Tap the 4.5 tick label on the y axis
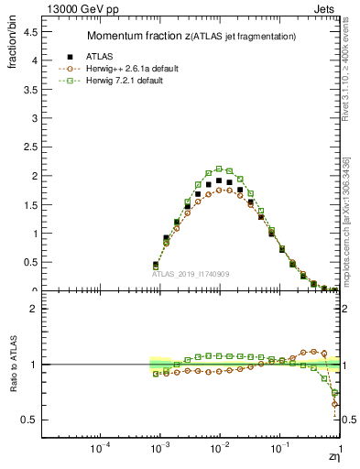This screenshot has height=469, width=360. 29,32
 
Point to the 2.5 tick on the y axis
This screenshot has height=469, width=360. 29,147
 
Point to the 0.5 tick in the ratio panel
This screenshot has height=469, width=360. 29,420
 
